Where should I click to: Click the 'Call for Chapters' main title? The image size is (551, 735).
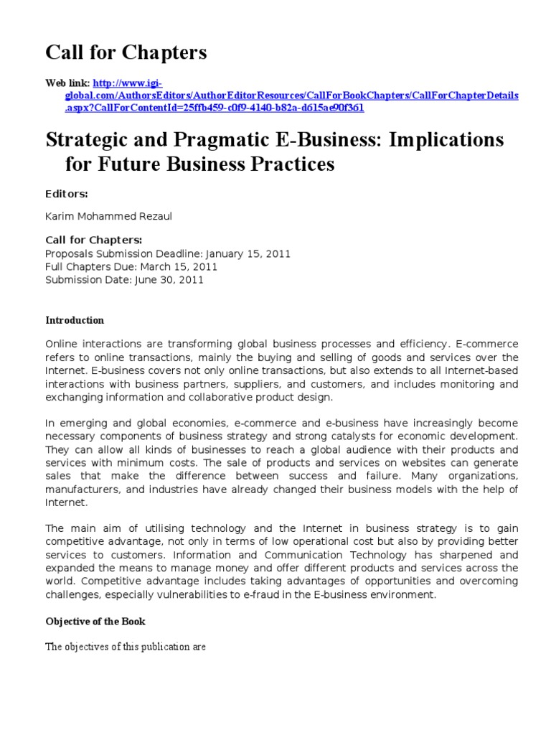coord(126,52)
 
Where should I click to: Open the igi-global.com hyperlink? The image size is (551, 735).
coord(283,95)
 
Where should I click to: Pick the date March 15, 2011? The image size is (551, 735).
coord(182,267)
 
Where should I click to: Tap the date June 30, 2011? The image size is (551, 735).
coord(169,280)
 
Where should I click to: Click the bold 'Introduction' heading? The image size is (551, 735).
coord(75,320)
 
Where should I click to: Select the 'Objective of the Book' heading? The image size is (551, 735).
coord(95,621)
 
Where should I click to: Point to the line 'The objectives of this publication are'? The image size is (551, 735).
coord(126,647)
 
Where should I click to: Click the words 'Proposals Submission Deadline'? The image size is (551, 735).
coord(123,254)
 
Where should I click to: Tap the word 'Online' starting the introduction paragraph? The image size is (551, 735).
coord(62,345)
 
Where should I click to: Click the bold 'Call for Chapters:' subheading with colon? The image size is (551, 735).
coord(94,240)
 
